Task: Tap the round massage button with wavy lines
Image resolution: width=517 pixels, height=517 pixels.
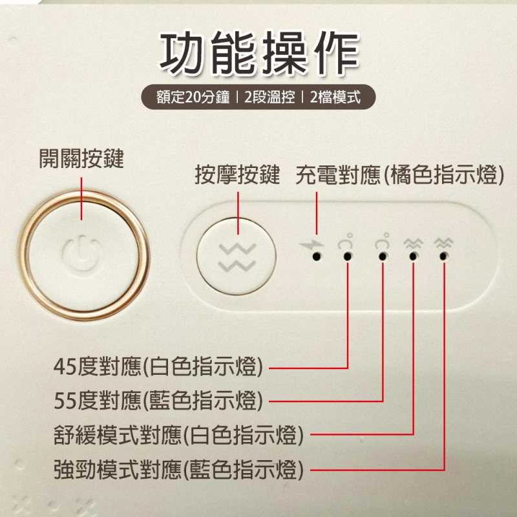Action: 237,256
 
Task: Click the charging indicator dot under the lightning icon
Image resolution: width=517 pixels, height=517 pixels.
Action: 317,256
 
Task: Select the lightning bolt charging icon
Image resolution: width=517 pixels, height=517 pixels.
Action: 311,244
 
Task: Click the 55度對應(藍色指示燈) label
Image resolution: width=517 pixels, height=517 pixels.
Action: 158,400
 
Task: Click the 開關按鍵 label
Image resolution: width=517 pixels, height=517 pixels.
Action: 81,158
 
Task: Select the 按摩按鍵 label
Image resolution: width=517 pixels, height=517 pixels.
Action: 237,174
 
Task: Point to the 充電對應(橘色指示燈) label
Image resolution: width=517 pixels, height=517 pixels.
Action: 399,174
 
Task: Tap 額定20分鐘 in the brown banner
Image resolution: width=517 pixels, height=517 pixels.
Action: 193,97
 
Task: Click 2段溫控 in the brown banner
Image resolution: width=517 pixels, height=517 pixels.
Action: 269,97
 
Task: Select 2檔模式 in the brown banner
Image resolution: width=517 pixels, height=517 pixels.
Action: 335,97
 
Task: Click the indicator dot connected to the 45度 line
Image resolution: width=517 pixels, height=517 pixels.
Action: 348,256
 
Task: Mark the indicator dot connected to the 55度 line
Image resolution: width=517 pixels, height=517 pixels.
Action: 383,256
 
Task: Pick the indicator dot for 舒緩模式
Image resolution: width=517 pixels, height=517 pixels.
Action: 413,256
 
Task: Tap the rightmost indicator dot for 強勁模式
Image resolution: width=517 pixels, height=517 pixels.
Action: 443,256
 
